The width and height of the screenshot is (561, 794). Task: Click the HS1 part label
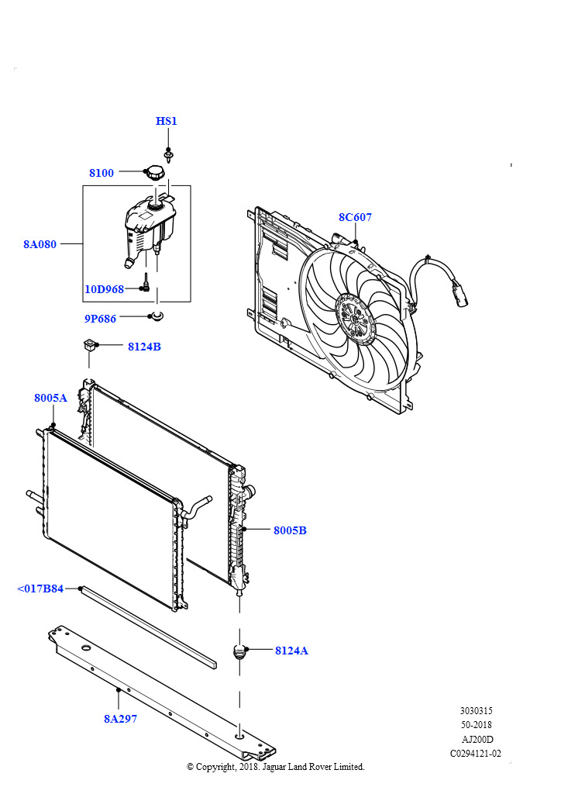[166, 121]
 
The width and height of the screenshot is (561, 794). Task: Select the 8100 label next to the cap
[102, 173]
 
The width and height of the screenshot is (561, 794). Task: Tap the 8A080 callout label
[40, 244]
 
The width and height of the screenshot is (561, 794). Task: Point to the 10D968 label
[104, 289]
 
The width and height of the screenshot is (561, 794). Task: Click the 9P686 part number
[100, 319]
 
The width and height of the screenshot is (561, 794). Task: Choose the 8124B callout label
[144, 347]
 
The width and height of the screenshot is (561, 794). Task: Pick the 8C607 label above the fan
[355, 217]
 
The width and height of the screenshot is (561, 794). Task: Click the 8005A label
[50, 398]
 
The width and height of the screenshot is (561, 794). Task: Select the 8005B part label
[290, 530]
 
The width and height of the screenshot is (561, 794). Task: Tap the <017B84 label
[40, 589]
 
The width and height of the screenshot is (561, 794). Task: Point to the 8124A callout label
[291, 651]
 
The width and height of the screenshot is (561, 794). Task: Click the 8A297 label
[120, 719]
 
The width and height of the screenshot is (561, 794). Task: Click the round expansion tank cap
[155, 173]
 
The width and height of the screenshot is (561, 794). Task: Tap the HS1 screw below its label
[168, 155]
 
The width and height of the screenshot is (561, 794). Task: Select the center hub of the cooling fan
[356, 319]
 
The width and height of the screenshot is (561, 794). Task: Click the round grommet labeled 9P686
[157, 316]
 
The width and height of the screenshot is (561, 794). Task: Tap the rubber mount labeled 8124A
[239, 651]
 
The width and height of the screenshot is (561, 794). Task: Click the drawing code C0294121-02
[476, 754]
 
